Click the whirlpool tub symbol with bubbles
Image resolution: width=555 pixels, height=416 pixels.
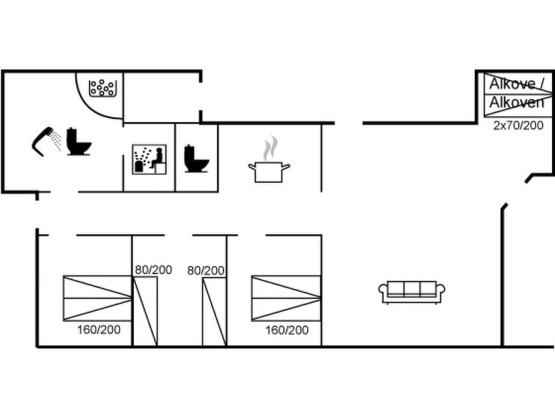(x=102, y=88)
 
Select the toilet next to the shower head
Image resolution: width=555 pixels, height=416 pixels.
(x=79, y=142)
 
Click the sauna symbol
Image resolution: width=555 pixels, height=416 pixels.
(x=149, y=159)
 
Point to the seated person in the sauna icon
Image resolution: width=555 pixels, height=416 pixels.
(x=157, y=158)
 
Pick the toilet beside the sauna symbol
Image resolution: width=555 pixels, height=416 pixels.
(x=196, y=159)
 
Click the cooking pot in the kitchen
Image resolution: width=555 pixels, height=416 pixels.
(x=269, y=172)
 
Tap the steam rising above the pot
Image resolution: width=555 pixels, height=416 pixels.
(x=270, y=148)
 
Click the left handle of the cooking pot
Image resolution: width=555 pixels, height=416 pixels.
(x=251, y=166)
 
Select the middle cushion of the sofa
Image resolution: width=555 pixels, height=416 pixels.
(x=412, y=289)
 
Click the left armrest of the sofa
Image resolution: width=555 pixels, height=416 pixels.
(x=383, y=292)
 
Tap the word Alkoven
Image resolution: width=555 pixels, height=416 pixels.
(x=517, y=103)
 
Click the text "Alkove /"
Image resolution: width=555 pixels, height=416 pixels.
(x=517, y=84)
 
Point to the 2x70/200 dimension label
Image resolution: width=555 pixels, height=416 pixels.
(x=518, y=126)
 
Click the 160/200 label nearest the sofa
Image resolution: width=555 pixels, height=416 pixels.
(x=287, y=330)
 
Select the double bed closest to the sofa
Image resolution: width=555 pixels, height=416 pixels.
(x=286, y=298)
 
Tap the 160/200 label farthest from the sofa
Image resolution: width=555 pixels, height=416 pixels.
(x=99, y=329)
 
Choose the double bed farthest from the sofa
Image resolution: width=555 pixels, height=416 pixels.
(x=98, y=298)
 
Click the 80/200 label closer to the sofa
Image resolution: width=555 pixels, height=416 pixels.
(x=206, y=271)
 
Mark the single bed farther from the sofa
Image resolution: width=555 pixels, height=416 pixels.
(x=145, y=311)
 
